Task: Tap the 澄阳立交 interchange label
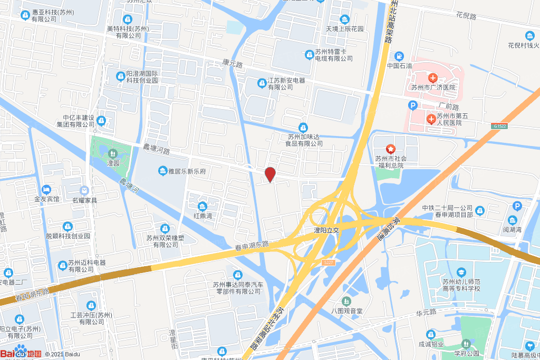326,230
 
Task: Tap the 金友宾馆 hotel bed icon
47,189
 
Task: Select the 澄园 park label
113,163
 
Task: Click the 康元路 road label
232,65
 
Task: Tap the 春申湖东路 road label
252,245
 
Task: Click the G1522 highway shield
500,126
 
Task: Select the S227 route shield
328,262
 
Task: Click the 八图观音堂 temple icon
346,301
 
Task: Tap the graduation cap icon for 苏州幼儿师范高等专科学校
461,272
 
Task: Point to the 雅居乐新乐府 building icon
162,171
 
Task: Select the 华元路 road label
426,313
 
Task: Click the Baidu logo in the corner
21,353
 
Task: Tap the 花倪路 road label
466,16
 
